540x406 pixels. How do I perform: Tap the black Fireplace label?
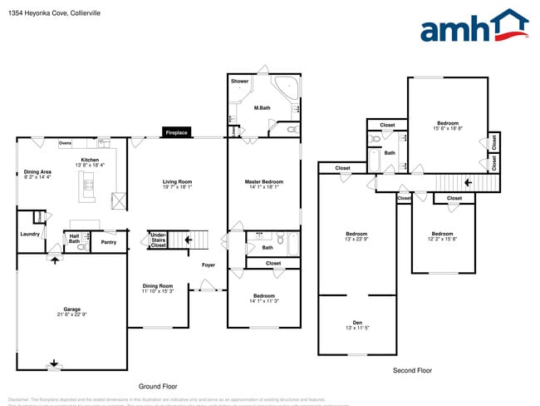click(176, 133)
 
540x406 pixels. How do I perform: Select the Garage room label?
click(72, 311)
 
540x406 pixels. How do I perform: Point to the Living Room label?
click(177, 181)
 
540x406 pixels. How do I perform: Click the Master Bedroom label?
click(263, 181)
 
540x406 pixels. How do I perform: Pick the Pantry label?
click(108, 242)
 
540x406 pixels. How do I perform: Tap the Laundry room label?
click(30, 234)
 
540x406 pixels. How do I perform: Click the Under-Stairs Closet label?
click(158, 240)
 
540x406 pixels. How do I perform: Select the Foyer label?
click(208, 265)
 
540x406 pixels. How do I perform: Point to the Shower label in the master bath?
click(240, 82)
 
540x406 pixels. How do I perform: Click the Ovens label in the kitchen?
click(65, 143)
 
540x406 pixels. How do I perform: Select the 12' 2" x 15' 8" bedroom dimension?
click(442, 239)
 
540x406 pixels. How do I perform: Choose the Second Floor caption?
click(412, 370)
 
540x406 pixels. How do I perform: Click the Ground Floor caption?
click(158, 387)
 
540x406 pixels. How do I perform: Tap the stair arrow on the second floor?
click(468, 182)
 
